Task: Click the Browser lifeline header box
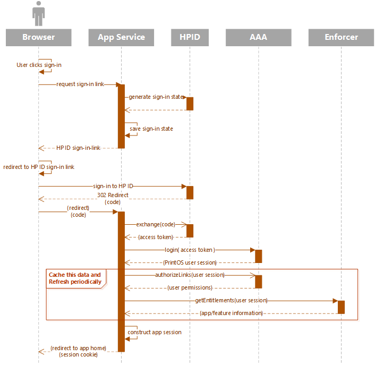pyautogui.click(x=38, y=37)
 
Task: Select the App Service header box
pyautogui.click(x=121, y=37)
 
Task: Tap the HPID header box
pyautogui.click(x=190, y=37)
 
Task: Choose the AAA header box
pyautogui.click(x=259, y=37)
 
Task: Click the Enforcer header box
pyautogui.click(x=342, y=37)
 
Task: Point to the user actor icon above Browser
pyautogui.click(x=38, y=13)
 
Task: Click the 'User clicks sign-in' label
pyautogui.click(x=39, y=65)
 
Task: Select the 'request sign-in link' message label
pyautogui.click(x=80, y=84)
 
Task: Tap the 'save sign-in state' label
pyautogui.click(x=151, y=129)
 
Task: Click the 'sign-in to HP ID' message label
pyautogui.click(x=113, y=186)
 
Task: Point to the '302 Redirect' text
pyautogui.click(x=113, y=195)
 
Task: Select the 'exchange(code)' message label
pyautogui.click(x=156, y=224)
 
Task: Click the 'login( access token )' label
pyautogui.click(x=190, y=250)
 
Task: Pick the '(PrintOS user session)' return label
pyautogui.click(x=190, y=262)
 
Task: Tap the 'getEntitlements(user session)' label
pyautogui.click(x=231, y=300)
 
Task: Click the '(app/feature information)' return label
pyautogui.click(x=231, y=313)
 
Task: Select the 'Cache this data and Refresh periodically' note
pyautogui.click(x=76, y=278)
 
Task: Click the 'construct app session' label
pyautogui.click(x=155, y=332)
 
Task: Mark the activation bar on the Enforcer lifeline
pyautogui.click(x=342, y=307)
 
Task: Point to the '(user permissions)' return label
pyautogui.click(x=190, y=288)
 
